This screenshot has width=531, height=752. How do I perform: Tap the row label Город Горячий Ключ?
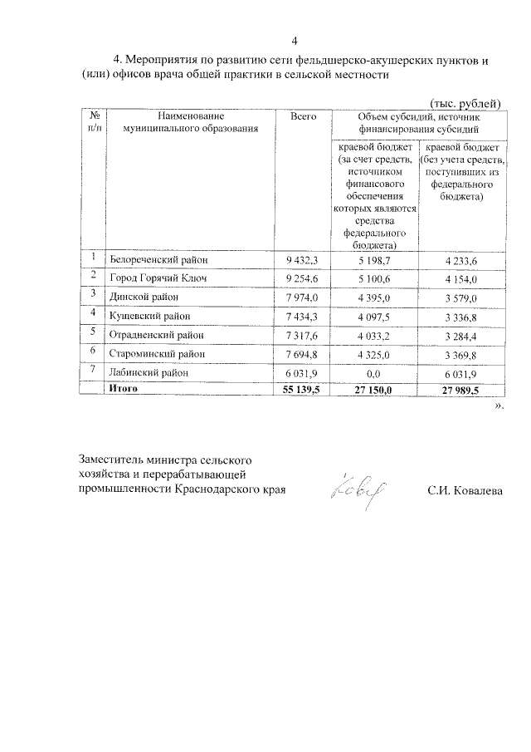click(x=157, y=279)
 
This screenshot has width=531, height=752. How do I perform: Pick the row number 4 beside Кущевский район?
click(x=95, y=315)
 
